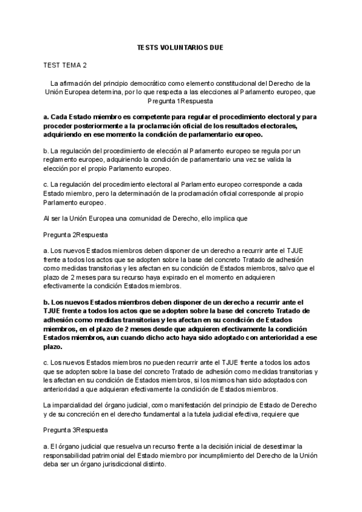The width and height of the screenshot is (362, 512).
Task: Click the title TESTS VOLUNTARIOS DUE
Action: (x=181, y=46)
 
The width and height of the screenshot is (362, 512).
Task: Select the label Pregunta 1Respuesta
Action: (x=181, y=101)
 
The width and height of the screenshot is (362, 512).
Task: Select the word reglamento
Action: (x=62, y=160)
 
